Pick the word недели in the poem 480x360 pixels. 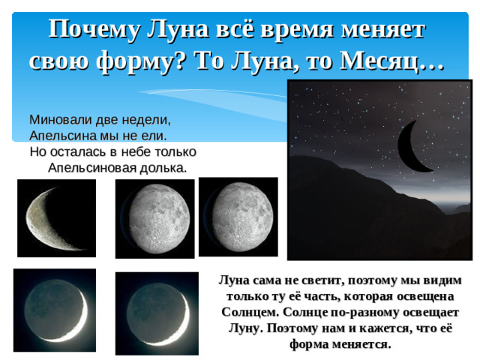coord(146,118)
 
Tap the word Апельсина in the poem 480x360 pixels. coord(61,136)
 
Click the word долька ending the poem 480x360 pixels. coord(159,167)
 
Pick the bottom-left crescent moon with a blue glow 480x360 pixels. coord(55,308)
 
